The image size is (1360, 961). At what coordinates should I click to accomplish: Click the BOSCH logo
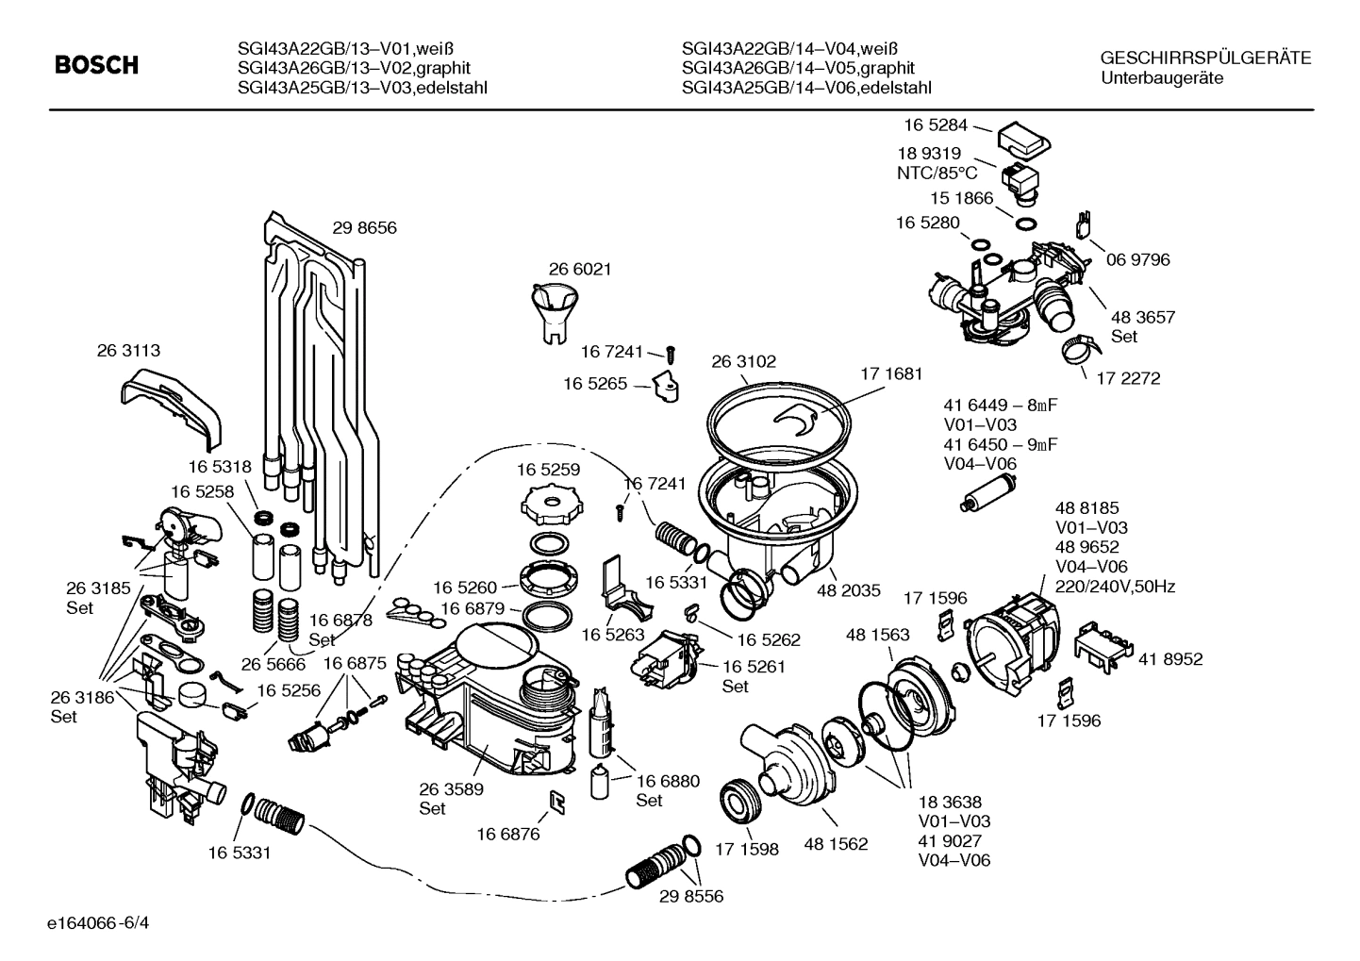pos(96,65)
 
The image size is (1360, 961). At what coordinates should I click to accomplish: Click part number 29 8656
pos(364,227)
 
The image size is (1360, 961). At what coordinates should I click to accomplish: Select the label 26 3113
pos(128,350)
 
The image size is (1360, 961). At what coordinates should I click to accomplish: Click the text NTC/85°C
pos(937,173)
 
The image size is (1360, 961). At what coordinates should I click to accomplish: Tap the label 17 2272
pos(1128,378)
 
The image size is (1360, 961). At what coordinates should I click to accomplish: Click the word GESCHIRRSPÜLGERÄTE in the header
pos(1205,58)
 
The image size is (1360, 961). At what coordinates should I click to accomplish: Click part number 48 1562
pos(836,844)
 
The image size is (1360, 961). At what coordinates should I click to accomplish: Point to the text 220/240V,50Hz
pos(1115,587)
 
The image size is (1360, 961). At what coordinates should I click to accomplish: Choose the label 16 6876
pos(507,833)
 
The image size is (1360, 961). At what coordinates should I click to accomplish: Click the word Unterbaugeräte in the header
pos(1162,78)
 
